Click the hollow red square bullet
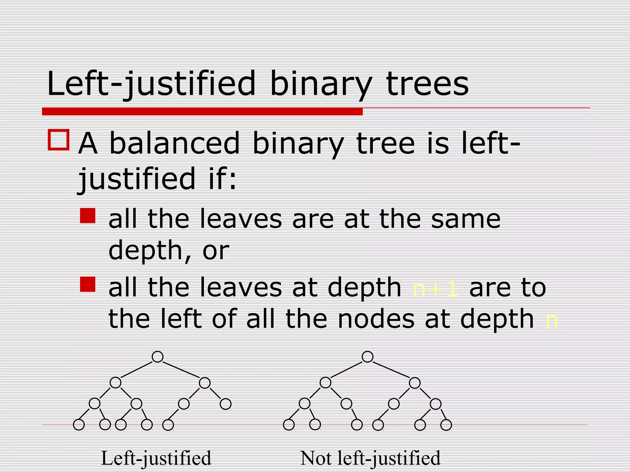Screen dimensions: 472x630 (x=58, y=140)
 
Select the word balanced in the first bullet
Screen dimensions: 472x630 (x=174, y=143)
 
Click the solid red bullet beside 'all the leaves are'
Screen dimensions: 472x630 (x=88, y=216)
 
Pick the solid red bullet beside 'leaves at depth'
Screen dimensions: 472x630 (x=88, y=284)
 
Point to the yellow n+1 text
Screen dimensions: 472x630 (x=435, y=289)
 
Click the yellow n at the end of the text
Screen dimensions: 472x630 (x=551, y=321)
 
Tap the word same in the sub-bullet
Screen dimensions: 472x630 (x=466, y=219)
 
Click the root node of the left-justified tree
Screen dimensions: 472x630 (x=157, y=357)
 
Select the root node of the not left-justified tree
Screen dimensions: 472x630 (x=368, y=357)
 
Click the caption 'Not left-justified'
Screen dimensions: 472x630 (x=370, y=458)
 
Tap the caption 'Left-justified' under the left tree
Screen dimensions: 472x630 (x=156, y=458)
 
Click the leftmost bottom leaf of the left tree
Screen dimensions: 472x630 (x=79, y=425)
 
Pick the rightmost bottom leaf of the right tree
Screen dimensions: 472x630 (x=446, y=425)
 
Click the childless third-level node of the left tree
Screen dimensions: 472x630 (x=225, y=404)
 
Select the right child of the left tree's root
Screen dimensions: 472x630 (x=205, y=383)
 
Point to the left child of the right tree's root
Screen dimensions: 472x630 (x=325, y=383)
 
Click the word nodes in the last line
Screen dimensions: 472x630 (x=376, y=320)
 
